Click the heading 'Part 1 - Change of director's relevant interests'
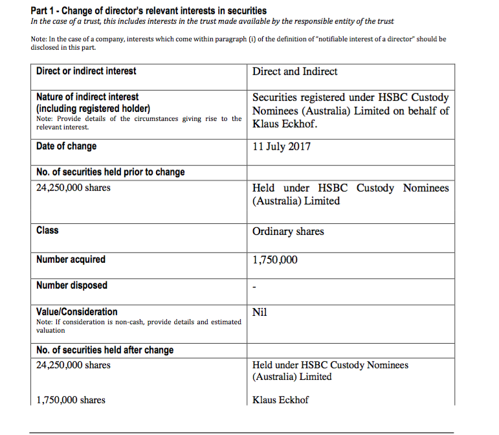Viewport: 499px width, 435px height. pyautogui.click(x=139, y=11)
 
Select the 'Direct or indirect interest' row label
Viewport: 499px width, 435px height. pyautogui.click(x=86, y=71)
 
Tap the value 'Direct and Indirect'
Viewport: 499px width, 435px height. pyautogui.click(x=294, y=72)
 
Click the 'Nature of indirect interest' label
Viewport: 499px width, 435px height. pyautogui.click(x=87, y=97)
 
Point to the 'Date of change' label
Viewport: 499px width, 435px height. pyautogui.click(x=66, y=146)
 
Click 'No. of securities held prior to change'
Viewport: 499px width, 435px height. pyautogui.click(x=110, y=172)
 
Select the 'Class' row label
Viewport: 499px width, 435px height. pyautogui.click(x=47, y=230)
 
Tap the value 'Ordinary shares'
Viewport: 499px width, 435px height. pyautogui.click(x=288, y=232)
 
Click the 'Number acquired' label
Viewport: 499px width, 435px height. pyautogui.click(x=71, y=260)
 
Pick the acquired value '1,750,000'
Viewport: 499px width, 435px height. pyautogui.click(x=275, y=260)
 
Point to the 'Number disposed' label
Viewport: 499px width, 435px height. pyautogui.click(x=72, y=285)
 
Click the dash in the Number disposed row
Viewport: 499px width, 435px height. pyautogui.click(x=254, y=287)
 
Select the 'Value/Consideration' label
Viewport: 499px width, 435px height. pyautogui.click(x=77, y=312)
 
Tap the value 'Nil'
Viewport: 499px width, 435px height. pyautogui.click(x=260, y=313)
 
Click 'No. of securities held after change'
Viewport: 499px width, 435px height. pyautogui.click(x=105, y=350)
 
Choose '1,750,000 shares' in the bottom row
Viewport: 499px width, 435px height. pyautogui.click(x=71, y=400)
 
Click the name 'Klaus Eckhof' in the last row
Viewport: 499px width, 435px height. pyautogui.click(x=280, y=400)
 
